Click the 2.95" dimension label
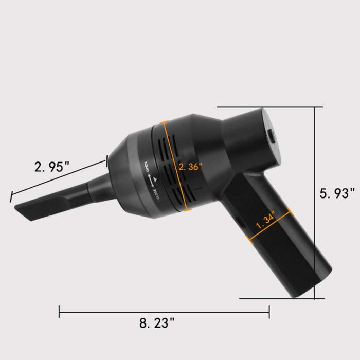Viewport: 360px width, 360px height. pos(51,167)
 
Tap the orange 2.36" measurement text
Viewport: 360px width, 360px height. pos(190,167)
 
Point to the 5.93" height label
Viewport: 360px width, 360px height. pos(337,193)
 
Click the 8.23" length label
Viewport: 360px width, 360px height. pos(157,323)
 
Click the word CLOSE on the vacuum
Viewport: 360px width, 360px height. pos(155,194)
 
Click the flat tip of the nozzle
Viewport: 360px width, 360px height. pos(23,212)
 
